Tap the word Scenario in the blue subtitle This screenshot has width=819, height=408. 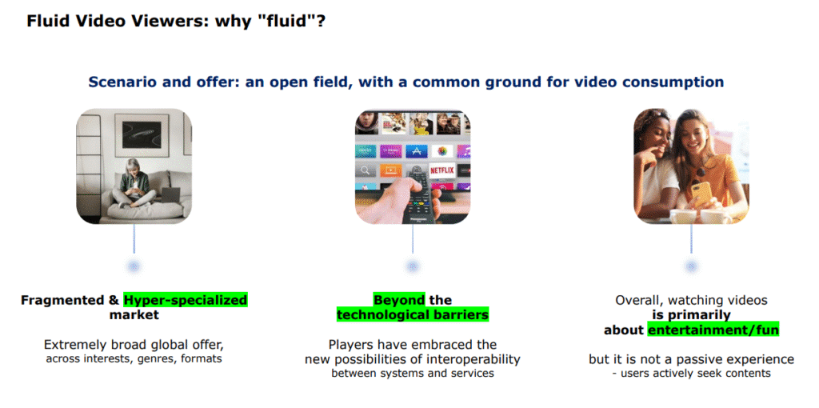(124, 82)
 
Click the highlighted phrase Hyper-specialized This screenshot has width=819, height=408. (186, 301)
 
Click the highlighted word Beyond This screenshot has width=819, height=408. (399, 301)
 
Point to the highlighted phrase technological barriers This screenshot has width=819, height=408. (412, 315)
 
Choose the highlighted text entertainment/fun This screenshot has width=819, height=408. (713, 330)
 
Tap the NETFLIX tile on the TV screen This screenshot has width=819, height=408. (441, 170)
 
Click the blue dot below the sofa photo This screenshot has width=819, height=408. (134, 266)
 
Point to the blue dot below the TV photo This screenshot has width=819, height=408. (413, 266)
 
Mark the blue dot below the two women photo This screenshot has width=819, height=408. (691, 266)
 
